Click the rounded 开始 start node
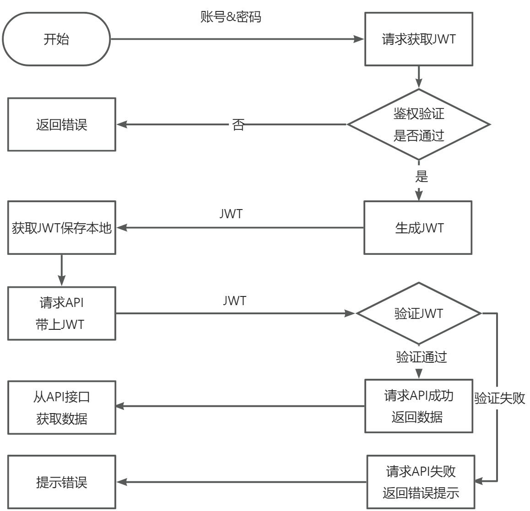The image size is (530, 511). [56, 39]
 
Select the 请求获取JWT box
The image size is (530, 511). [418, 39]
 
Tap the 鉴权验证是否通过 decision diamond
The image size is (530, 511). [418, 124]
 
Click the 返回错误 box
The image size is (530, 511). [61, 124]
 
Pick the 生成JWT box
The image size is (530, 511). [418, 227]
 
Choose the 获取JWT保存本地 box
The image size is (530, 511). [61, 227]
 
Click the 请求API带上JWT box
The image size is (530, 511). [61, 313]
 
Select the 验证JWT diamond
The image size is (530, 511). [418, 313]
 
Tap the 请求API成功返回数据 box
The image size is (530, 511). [418, 406]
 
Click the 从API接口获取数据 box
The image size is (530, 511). [61, 407]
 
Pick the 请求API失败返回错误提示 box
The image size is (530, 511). [421, 482]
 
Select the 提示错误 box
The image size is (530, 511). [61, 482]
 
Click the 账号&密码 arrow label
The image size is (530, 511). [231, 17]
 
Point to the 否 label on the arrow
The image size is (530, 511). [238, 124]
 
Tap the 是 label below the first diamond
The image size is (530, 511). [421, 176]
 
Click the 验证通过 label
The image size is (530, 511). [421, 357]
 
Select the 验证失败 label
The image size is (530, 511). [499, 398]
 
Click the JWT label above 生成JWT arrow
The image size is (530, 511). [231, 214]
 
